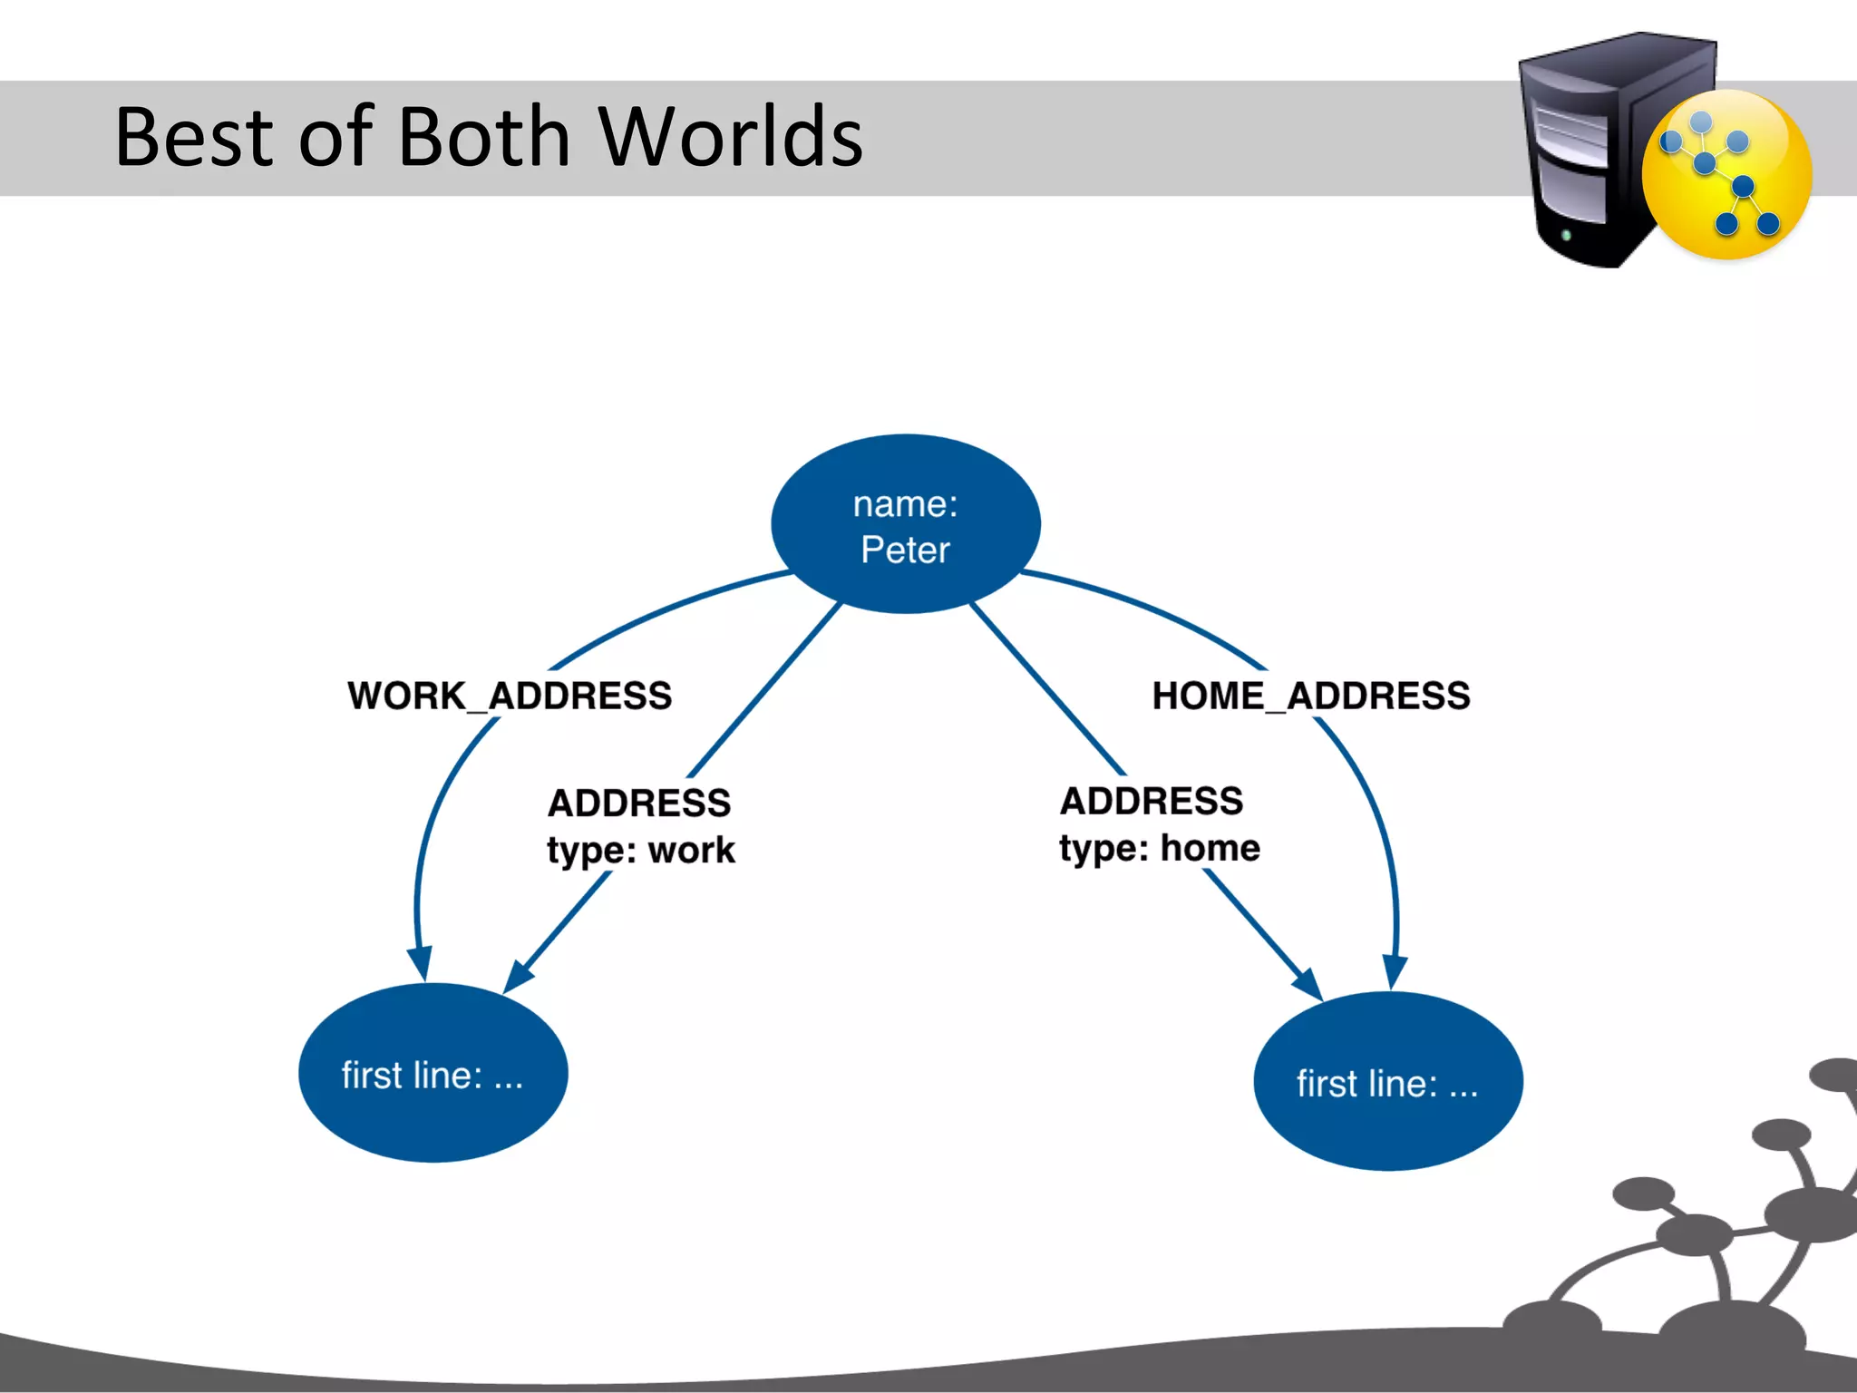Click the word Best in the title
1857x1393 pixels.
tap(194, 137)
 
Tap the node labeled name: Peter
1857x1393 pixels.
tap(905, 524)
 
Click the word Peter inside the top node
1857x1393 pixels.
tap(905, 550)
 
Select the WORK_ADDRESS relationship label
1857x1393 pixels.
tap(510, 696)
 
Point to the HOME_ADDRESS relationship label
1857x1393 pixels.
tap(1310, 696)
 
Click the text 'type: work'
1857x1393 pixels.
tap(641, 851)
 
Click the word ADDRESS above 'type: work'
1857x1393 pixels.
tap(639, 804)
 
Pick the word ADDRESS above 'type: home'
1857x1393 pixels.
tap(1152, 802)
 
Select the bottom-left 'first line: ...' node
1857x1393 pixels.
tap(433, 1073)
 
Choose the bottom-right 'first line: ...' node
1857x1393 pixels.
tap(1387, 1081)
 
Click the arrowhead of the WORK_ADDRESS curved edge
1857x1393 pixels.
tap(420, 963)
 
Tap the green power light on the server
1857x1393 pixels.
tap(1565, 236)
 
